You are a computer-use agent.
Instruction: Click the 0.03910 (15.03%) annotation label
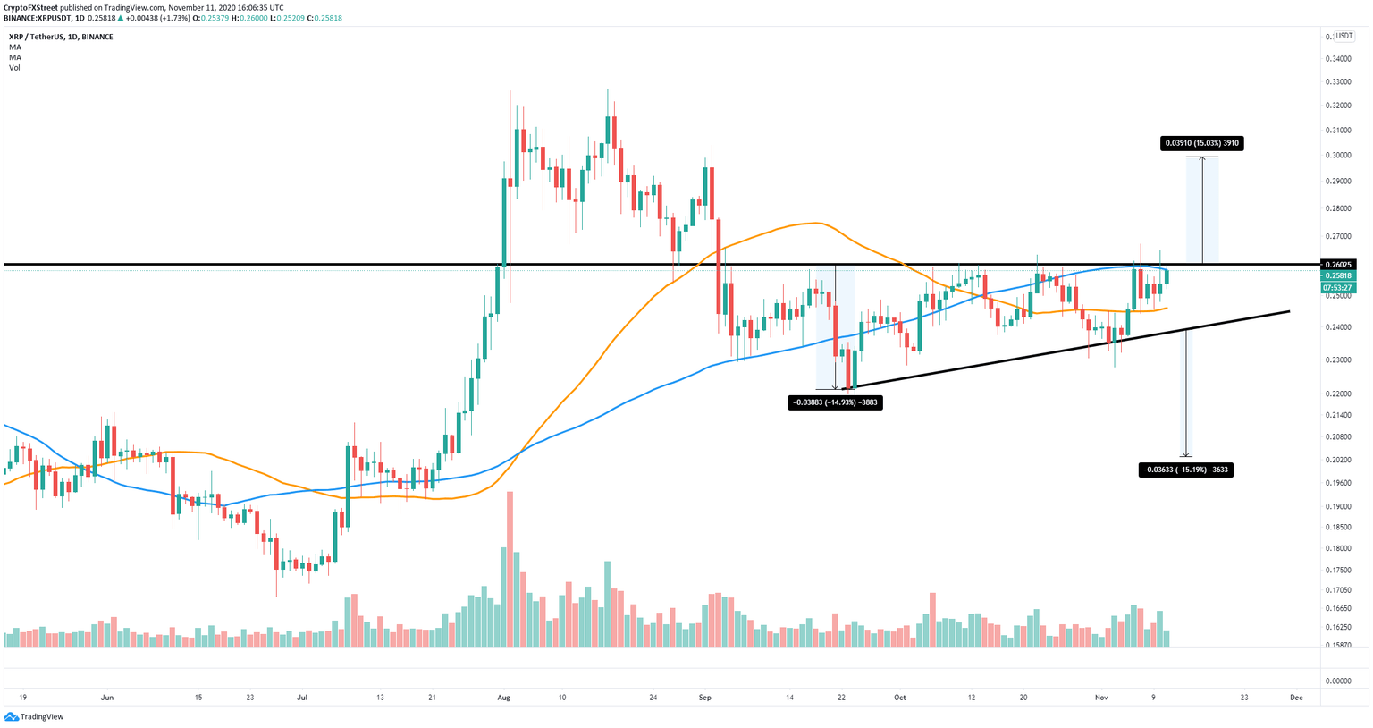1201,143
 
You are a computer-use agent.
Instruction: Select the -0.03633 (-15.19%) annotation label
1185,470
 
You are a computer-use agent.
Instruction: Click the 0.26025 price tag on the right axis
1338,265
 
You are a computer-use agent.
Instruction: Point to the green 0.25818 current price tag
1338,276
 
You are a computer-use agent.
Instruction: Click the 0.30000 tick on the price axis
1338,155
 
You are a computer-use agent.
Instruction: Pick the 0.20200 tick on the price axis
1338,461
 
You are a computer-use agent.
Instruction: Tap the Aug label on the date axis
503,697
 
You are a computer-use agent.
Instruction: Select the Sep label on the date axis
704,697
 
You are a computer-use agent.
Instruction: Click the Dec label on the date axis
1296,697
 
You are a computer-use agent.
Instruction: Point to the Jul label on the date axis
302,697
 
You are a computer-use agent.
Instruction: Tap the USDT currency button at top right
1344,37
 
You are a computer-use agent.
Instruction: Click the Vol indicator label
14,68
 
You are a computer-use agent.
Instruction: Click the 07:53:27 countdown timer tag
1338,288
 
